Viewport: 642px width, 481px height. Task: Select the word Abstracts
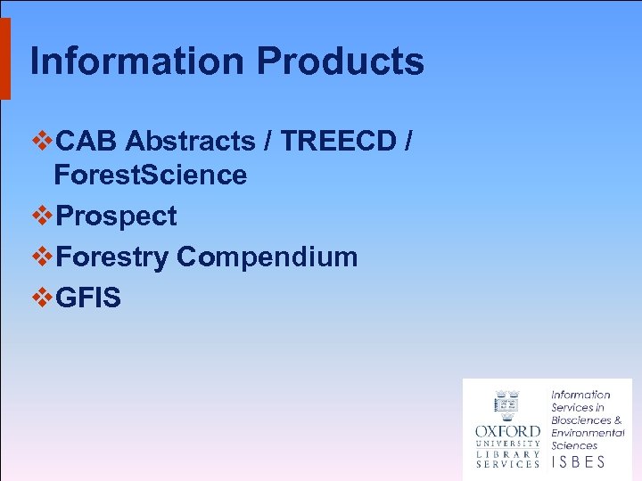point(190,141)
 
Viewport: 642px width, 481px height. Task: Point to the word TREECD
point(332,141)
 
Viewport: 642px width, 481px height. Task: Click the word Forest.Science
point(150,175)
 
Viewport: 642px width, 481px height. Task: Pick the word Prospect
point(116,216)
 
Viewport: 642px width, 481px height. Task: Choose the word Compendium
point(267,257)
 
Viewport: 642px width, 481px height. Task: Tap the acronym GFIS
point(87,298)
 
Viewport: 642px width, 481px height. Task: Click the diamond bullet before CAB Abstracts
point(43,141)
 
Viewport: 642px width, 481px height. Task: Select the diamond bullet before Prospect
point(43,216)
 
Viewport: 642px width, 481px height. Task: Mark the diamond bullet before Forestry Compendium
point(43,257)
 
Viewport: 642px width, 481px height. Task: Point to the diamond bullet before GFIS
point(43,298)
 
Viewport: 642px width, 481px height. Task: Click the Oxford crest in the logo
point(506,405)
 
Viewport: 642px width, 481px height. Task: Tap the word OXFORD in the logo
point(507,431)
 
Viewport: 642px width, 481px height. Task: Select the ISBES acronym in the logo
point(578,461)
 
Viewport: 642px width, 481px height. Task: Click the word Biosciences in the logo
point(580,420)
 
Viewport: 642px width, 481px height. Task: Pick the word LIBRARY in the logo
point(507,452)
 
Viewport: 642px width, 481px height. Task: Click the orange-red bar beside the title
point(4,58)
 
